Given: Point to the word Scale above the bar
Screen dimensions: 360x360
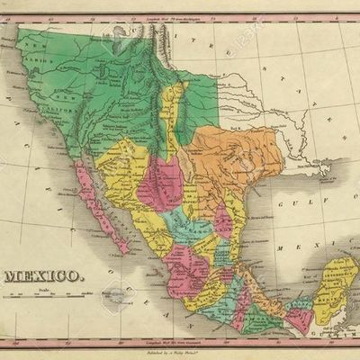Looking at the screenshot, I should [x=40, y=288].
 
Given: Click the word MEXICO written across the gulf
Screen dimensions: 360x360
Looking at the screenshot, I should [x=337, y=245].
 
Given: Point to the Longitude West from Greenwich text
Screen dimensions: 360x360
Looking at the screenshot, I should [x=179, y=342].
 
